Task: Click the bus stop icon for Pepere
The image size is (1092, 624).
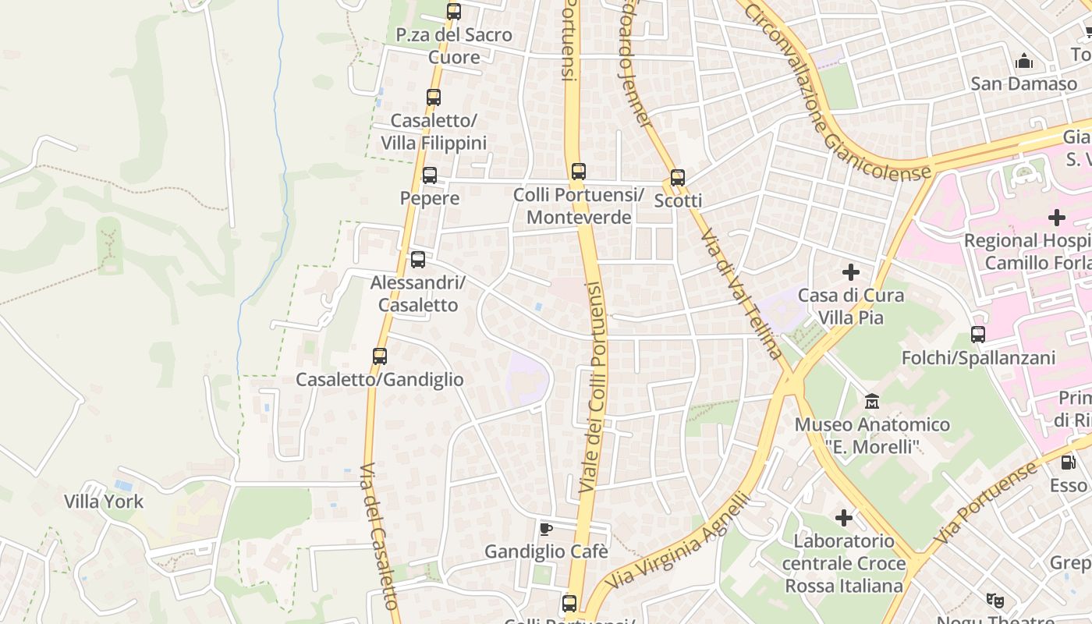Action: (430, 175)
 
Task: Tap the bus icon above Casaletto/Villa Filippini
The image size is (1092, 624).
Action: (434, 97)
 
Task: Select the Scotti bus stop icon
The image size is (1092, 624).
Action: (678, 178)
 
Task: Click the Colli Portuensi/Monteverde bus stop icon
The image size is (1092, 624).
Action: (578, 172)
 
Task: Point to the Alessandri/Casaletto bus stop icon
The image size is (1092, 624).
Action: (418, 260)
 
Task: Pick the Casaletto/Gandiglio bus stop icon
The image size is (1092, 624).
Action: (380, 356)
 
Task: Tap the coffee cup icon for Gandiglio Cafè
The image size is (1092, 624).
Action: (546, 529)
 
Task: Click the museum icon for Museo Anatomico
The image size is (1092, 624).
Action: (872, 402)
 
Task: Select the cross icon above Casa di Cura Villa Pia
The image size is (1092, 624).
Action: (851, 272)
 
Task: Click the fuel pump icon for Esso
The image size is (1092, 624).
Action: (1068, 463)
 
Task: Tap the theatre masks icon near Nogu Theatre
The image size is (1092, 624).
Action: (994, 600)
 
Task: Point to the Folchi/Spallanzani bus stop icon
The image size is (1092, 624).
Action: (978, 335)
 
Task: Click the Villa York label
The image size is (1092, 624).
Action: (104, 502)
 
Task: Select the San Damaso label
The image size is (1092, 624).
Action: (1023, 83)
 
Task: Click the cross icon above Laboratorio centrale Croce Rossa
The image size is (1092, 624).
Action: (844, 518)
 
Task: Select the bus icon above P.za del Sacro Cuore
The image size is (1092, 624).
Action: (454, 12)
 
